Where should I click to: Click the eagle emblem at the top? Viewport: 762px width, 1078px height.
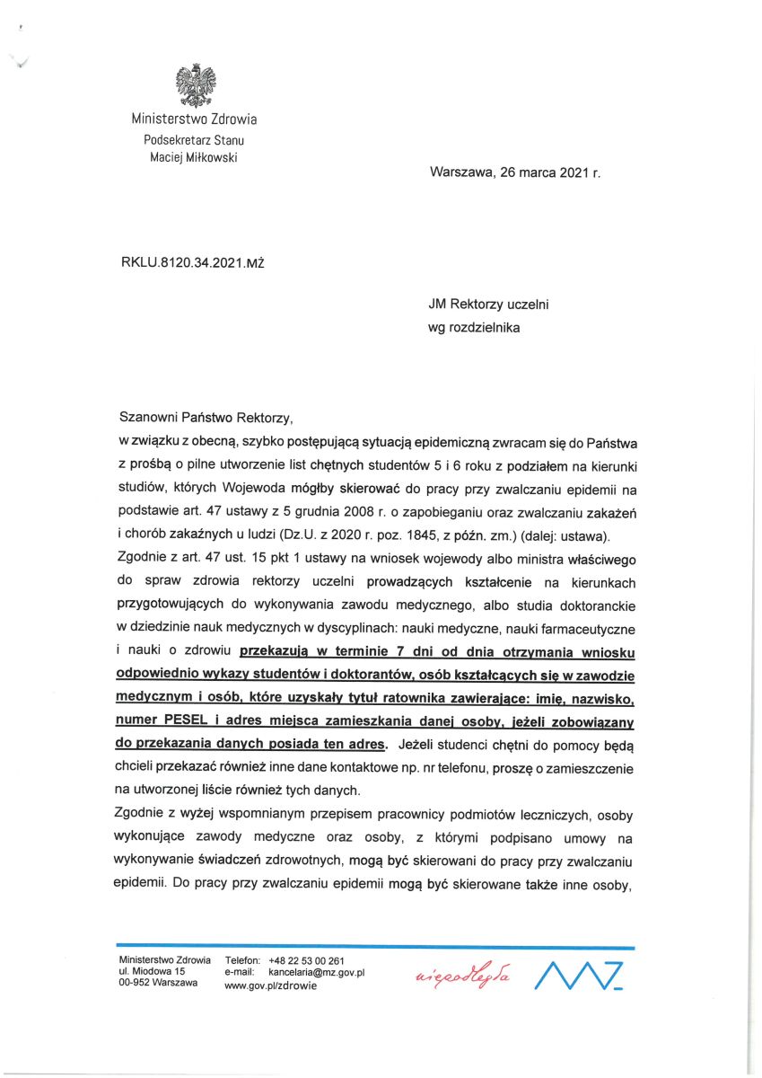194,84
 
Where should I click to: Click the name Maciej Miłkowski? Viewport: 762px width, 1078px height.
194,157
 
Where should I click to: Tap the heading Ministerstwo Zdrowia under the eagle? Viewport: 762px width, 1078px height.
194,119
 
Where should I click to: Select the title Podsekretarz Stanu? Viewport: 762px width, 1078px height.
194,139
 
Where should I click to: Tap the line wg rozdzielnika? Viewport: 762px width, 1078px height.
474,327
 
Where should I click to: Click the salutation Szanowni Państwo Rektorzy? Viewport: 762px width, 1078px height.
206,418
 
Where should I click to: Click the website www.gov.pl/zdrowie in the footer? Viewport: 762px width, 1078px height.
269,985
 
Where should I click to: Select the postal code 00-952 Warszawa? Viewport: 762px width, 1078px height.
158,984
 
